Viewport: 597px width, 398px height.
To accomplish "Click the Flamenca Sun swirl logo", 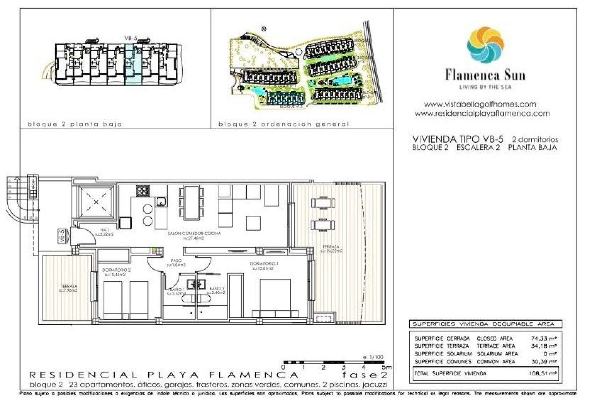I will (x=485, y=45).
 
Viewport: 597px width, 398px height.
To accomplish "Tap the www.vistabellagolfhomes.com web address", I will (x=480, y=104).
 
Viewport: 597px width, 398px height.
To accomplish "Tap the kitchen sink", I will (x=161, y=202).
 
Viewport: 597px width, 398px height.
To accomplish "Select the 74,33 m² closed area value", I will (x=544, y=338).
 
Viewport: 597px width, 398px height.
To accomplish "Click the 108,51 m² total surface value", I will (x=542, y=373).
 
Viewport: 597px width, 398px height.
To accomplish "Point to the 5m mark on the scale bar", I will (x=386, y=367).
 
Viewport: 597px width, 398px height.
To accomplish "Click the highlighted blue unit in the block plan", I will (x=133, y=64).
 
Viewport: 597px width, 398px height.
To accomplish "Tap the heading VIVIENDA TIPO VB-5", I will (x=457, y=139).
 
